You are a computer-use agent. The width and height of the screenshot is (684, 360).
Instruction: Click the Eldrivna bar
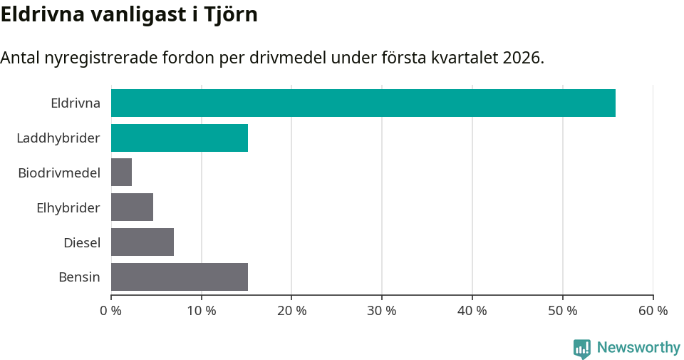363,103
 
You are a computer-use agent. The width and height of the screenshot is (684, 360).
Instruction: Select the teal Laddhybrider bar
180,138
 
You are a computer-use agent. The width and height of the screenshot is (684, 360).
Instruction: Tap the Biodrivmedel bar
121,173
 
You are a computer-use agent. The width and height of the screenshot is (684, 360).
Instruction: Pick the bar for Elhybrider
132,207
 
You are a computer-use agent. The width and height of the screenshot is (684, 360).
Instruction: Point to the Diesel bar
142,242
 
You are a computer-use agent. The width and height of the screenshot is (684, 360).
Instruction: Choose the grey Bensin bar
180,277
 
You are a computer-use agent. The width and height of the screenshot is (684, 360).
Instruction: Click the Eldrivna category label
75,103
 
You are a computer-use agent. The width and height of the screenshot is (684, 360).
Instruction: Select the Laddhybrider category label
58,138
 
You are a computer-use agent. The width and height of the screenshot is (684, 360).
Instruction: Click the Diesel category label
81,242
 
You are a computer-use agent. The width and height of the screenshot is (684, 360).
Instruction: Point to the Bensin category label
79,277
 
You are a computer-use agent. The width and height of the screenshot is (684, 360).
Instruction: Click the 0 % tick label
111,311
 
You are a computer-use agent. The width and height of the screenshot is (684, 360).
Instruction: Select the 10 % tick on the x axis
202,311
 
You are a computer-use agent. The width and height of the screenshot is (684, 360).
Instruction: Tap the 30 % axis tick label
382,311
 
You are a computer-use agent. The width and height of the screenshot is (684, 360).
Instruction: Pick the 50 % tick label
563,311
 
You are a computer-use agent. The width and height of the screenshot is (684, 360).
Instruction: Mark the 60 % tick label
653,311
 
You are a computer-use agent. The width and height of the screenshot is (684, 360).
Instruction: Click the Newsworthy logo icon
582,348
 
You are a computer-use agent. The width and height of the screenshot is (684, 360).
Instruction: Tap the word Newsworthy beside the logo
638,348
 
